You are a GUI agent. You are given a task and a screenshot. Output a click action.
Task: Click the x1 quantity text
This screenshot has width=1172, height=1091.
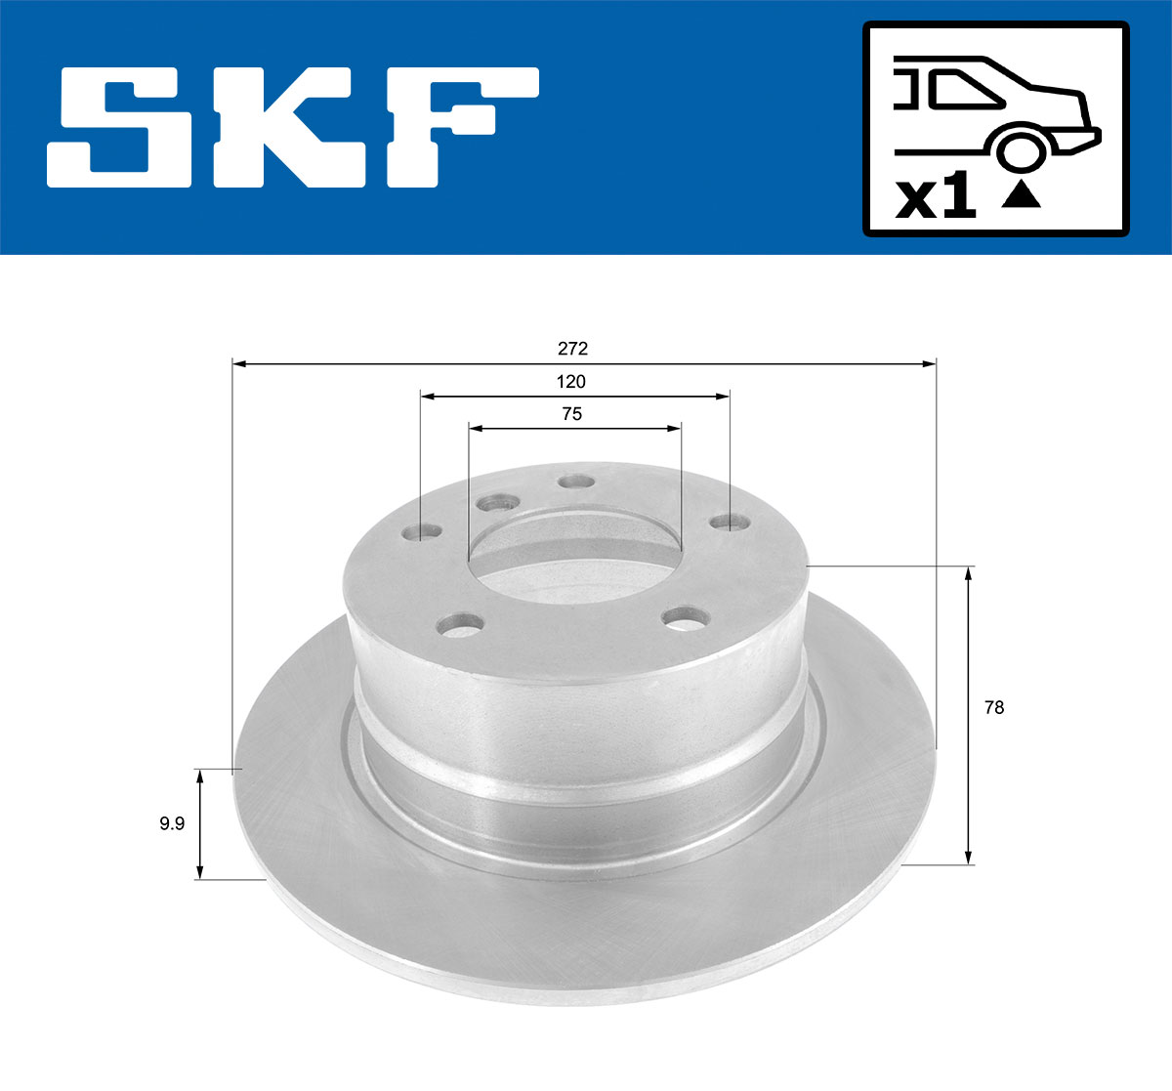click(x=936, y=198)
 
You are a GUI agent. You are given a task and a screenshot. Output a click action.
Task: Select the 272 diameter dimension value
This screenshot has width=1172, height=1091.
click(x=572, y=348)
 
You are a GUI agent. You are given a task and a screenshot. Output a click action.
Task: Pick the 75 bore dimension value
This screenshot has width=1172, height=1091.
click(x=571, y=414)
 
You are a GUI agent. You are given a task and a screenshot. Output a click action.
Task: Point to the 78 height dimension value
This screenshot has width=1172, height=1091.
click(x=993, y=707)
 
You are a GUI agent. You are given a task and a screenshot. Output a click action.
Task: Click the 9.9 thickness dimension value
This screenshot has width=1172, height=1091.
click(x=172, y=823)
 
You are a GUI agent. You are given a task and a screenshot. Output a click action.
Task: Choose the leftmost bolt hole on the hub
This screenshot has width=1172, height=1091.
click(x=422, y=532)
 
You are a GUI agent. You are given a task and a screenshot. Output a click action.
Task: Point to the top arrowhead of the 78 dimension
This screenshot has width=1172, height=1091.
click(x=968, y=573)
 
